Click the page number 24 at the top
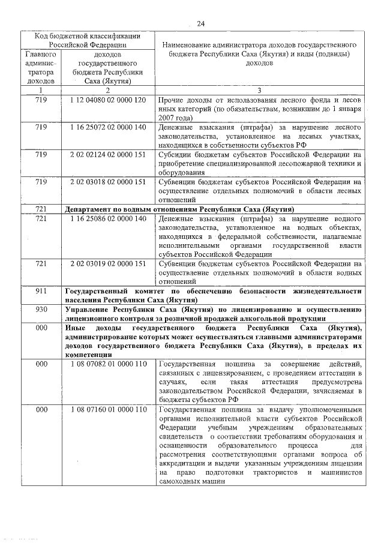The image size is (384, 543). (200, 23)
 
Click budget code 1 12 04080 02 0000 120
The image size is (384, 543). (108, 100)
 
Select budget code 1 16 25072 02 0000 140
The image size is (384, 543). (108, 127)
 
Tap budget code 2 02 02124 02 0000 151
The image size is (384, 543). (108, 154)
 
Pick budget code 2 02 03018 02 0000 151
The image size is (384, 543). (108, 181)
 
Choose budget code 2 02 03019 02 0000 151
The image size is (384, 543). (108, 263)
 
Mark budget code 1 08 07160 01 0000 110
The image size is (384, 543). (108, 409)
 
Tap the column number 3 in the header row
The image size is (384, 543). (259, 90)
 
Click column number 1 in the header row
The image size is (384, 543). (41, 90)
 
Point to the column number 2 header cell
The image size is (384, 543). (108, 90)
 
